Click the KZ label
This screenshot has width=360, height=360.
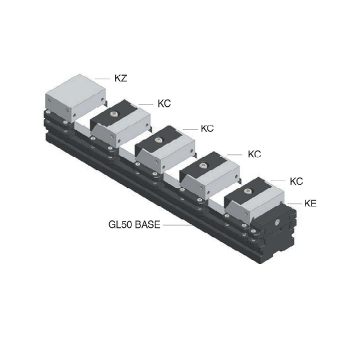[121, 78]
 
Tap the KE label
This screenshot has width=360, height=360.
[310, 203]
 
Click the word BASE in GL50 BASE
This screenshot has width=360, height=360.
[147, 224]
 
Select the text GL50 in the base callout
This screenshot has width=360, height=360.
[121, 224]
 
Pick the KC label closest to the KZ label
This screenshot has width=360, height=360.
[164, 104]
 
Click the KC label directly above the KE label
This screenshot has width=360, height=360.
[296, 181]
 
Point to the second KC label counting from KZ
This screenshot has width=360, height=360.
[207, 128]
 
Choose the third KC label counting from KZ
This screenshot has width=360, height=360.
[254, 154]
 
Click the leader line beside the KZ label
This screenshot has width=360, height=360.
[103, 79]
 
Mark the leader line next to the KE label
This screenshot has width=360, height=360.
[295, 203]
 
